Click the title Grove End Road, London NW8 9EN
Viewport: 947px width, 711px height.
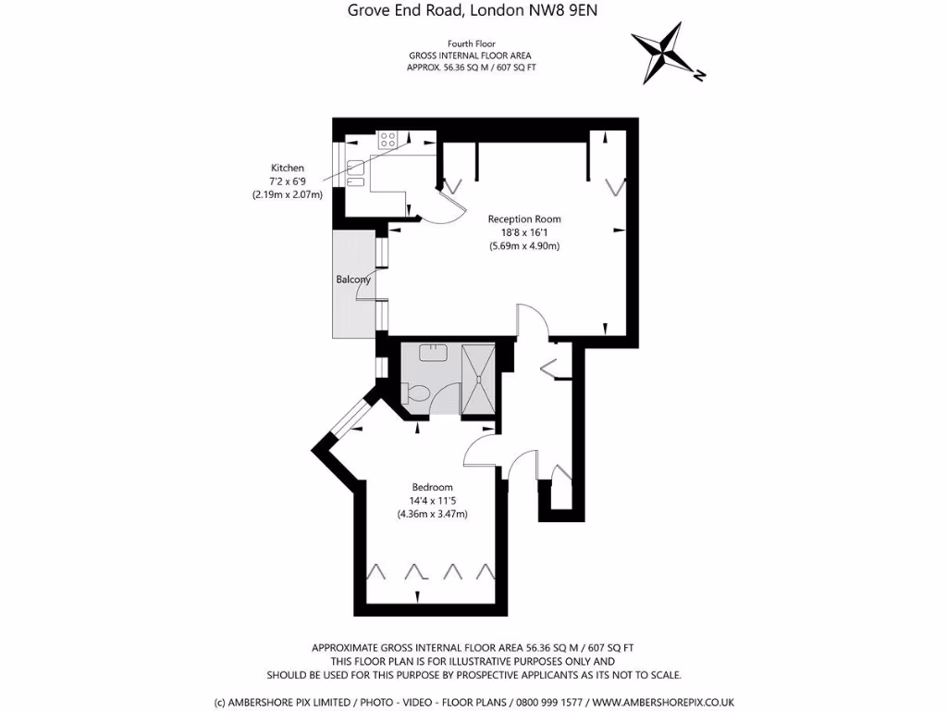pyautogui.click(x=473, y=11)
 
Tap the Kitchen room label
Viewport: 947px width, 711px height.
pyautogui.click(x=287, y=168)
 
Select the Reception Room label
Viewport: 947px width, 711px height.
pyautogui.click(x=524, y=219)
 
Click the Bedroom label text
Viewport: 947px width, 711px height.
pyautogui.click(x=432, y=487)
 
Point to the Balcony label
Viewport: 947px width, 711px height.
pyautogui.click(x=353, y=280)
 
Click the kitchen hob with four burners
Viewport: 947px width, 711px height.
pyautogui.click(x=387, y=141)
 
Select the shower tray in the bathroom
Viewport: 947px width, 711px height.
pyautogui.click(x=478, y=379)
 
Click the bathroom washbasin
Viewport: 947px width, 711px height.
pyautogui.click(x=433, y=353)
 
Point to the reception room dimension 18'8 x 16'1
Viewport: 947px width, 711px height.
pyautogui.click(x=524, y=232)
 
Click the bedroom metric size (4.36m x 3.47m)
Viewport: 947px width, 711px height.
pyautogui.click(x=432, y=514)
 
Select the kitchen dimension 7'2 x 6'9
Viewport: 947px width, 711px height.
pyautogui.click(x=287, y=181)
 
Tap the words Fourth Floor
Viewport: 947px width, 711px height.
pyautogui.click(x=472, y=44)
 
